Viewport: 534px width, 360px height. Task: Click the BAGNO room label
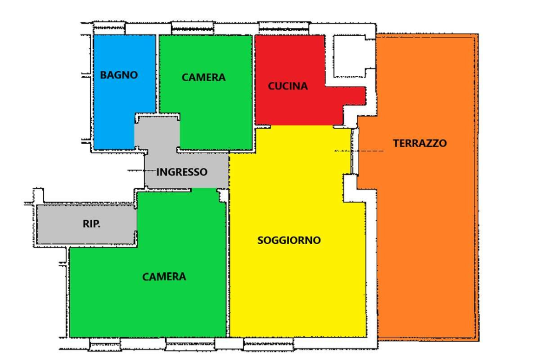(x=119, y=75)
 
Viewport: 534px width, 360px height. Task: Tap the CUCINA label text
(x=288, y=86)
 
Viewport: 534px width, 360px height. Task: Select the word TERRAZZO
(x=420, y=143)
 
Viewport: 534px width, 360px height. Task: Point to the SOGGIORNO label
(x=289, y=240)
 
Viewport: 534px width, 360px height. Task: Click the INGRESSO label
(x=182, y=173)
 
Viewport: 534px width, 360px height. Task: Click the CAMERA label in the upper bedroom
(x=203, y=78)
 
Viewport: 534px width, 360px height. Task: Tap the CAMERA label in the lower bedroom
(x=164, y=277)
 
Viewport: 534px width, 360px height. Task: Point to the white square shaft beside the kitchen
(x=350, y=55)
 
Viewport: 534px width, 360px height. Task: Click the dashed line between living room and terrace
(x=363, y=151)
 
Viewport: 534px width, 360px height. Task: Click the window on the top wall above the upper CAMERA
(x=193, y=27)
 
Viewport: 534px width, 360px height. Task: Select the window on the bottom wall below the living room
(x=269, y=343)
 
